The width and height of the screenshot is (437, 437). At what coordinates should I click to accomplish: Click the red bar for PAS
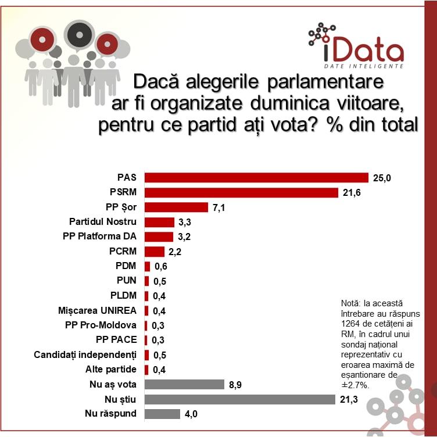(256, 177)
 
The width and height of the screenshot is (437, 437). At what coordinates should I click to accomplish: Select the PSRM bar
(241, 192)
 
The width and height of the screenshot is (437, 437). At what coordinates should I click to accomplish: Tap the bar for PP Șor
(176, 207)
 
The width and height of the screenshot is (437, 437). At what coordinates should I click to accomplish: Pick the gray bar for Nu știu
(239, 399)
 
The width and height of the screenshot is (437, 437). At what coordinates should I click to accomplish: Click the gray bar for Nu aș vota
(184, 384)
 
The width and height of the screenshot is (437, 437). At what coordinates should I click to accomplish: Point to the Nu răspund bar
(162, 414)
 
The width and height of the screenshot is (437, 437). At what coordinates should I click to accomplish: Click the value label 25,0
(382, 177)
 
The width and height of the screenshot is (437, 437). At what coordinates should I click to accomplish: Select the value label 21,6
(352, 192)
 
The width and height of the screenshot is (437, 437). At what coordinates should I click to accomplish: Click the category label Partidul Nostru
(102, 222)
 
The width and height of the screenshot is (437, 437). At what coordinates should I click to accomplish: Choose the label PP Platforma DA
(99, 237)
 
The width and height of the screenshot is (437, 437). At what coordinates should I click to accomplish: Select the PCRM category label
(123, 252)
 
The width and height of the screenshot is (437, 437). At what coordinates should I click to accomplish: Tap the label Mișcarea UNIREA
(98, 310)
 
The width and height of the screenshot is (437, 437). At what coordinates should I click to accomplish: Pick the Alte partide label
(110, 370)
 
